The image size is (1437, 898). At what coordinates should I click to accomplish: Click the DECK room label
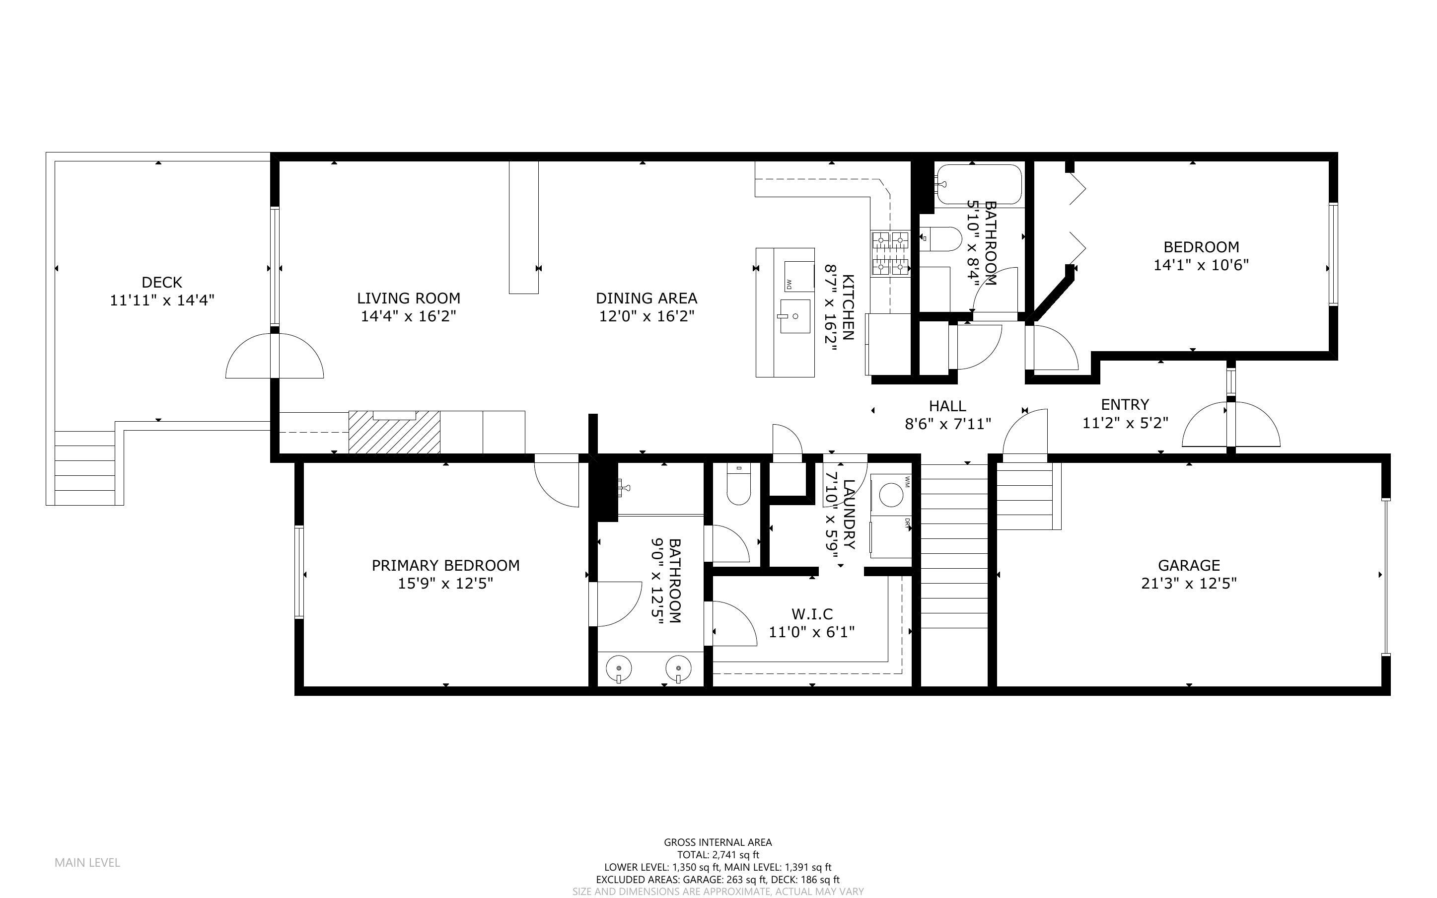161,282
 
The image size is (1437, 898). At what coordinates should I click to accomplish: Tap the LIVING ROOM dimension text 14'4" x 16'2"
408,316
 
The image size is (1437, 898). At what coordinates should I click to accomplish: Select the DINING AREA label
647,298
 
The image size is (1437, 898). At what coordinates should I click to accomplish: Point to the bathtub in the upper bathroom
979,185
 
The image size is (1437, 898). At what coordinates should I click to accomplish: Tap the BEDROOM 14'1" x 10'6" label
1201,247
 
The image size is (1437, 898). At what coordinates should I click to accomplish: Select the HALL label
947,406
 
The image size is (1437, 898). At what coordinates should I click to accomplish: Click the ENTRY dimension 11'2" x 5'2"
1125,423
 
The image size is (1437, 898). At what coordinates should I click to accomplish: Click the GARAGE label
1188,565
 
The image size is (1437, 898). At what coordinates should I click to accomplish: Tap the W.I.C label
812,614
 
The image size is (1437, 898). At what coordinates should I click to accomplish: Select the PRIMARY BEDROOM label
445,565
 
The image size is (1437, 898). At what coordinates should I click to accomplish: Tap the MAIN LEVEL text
87,862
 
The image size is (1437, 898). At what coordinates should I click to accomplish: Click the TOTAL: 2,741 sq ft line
718,855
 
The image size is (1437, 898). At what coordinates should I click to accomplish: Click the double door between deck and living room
275,356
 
